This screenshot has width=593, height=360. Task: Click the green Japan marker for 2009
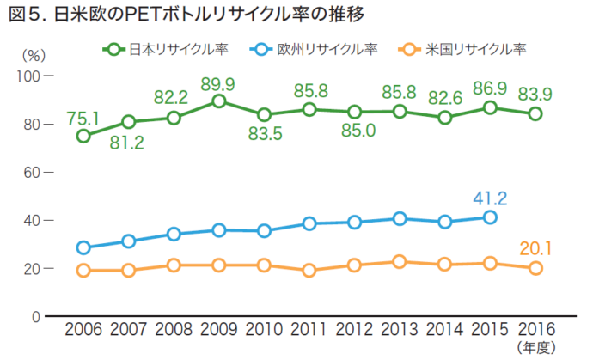(x=219, y=101)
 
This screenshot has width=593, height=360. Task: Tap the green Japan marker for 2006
(x=83, y=136)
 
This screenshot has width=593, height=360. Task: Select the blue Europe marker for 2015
(x=490, y=217)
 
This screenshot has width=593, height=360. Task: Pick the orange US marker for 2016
(x=535, y=268)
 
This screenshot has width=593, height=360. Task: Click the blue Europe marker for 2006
(x=83, y=247)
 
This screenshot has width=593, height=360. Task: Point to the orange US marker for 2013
(x=400, y=262)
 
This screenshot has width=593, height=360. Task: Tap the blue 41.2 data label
(x=490, y=198)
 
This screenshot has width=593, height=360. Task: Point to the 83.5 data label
(x=264, y=134)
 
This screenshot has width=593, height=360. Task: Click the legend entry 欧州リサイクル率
(x=317, y=48)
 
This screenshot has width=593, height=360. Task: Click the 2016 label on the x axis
(x=535, y=330)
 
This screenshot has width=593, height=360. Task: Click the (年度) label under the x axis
(x=535, y=347)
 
